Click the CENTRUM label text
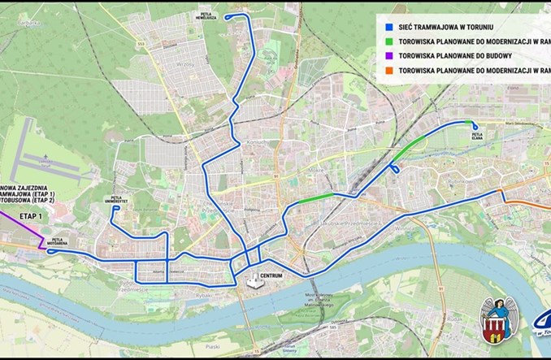tap(271, 275)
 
